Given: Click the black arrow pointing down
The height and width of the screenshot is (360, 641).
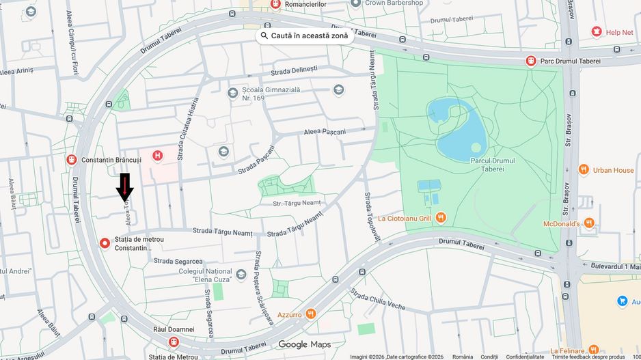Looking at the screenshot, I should [x=125, y=186].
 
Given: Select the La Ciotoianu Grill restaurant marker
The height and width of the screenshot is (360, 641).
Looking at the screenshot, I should [x=441, y=218].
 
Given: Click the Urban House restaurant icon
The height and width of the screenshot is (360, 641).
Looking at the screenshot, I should [x=583, y=169].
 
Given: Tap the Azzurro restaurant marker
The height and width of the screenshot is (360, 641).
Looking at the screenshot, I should [x=311, y=314].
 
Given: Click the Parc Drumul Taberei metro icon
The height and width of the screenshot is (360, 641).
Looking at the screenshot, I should [x=530, y=61].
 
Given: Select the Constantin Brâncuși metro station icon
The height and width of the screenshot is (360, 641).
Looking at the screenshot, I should [x=71, y=159].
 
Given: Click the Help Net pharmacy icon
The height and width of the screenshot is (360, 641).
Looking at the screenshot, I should [x=596, y=31].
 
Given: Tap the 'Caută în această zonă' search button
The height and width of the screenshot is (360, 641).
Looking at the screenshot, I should [x=304, y=36].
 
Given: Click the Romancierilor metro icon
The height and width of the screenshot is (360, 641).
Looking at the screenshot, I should [x=275, y=5].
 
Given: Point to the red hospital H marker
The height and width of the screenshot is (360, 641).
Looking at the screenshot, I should [x=159, y=156].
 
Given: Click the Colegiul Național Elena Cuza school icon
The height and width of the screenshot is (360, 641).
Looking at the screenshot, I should [x=241, y=274].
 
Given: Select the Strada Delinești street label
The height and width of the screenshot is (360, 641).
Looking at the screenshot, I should [x=294, y=70].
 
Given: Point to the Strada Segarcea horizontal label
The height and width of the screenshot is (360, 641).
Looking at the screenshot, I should [x=178, y=261].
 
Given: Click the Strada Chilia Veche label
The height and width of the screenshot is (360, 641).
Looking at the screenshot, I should [x=378, y=299].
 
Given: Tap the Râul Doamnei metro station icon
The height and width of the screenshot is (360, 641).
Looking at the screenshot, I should [x=174, y=341].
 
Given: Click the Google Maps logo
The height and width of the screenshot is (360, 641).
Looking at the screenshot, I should [x=305, y=344].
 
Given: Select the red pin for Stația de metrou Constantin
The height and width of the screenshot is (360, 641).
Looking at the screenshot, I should [x=105, y=243].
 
